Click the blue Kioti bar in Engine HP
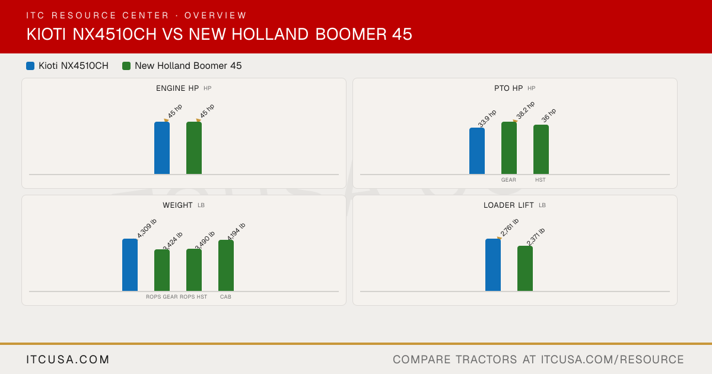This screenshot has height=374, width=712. click(162, 148)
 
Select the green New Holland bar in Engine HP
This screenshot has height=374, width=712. click(194, 148)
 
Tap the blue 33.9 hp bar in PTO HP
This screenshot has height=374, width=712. click(477, 151)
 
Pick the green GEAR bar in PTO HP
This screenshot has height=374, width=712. click(509, 148)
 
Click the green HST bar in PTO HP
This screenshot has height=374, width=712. click(541, 150)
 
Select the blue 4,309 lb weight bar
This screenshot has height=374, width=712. click(130, 265)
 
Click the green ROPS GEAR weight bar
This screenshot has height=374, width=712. click(162, 270)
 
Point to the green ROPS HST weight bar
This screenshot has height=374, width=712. click(194, 270)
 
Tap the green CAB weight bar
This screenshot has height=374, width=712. click(226, 265)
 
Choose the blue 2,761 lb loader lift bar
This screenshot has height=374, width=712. click(493, 265)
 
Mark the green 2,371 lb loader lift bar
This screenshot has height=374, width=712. click(525, 268)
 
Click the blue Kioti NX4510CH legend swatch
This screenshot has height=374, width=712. click(30, 66)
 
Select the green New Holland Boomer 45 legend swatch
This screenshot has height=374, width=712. click(126, 66)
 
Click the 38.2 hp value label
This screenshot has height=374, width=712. click(526, 110)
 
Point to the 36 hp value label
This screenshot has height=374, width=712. click(549, 115)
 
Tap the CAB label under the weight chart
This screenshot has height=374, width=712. click(225, 297)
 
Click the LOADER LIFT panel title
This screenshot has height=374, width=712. click(508, 205)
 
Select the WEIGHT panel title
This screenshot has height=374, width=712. click(177, 205)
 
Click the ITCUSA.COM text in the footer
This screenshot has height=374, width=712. click(68, 359)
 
